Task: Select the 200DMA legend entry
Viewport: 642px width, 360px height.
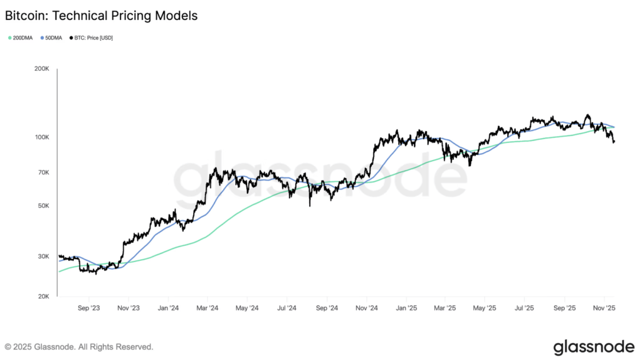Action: [21, 38]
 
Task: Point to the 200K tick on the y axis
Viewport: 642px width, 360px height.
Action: [41, 69]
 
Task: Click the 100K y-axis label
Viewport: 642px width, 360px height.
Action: [41, 137]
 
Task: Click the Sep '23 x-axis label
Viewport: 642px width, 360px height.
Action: [88, 308]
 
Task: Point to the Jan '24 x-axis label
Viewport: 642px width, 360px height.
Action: [167, 308]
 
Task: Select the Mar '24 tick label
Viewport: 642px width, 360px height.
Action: [207, 308]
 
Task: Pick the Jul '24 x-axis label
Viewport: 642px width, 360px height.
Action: [287, 308]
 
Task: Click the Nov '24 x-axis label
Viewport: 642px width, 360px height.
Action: [366, 308]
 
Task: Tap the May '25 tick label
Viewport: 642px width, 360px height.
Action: [485, 308]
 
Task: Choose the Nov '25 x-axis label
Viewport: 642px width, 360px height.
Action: [604, 308]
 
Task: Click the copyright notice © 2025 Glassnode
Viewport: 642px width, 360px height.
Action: [79, 346]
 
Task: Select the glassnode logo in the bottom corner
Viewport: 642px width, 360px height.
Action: [593, 346]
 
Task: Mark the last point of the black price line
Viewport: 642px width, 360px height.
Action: [614, 142]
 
